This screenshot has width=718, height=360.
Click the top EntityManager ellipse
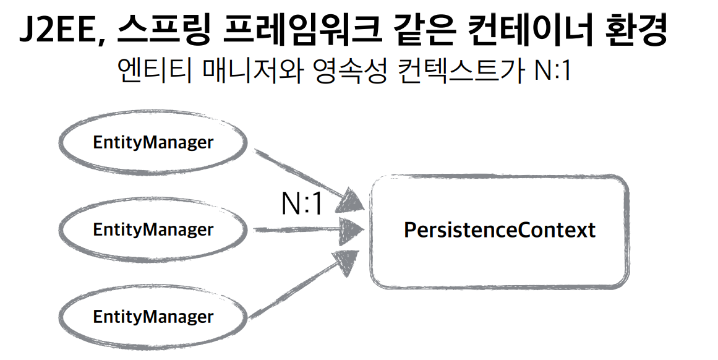tap(153, 143)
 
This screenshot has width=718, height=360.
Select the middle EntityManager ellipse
tap(153, 229)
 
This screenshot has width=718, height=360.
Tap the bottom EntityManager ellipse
tap(153, 317)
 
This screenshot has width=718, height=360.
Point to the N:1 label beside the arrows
tap(302, 204)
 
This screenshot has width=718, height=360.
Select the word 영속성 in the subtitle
tap(346, 72)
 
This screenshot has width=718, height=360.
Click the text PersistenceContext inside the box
tap(499, 230)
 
